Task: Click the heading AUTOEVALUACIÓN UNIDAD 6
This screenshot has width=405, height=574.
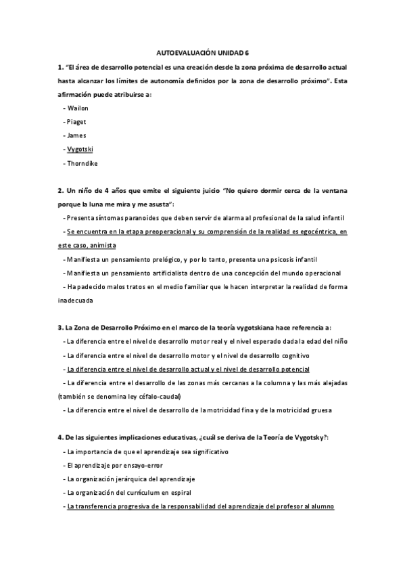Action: [202, 52]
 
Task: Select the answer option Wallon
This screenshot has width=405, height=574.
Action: [78, 108]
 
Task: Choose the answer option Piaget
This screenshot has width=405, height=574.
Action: [76, 121]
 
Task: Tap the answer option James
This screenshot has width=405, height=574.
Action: [76, 135]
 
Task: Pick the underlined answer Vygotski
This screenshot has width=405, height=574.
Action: [80, 148]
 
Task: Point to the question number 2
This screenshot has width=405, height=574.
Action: [60, 191]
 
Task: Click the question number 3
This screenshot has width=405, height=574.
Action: [60, 328]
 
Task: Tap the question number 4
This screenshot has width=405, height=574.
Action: [60, 437]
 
